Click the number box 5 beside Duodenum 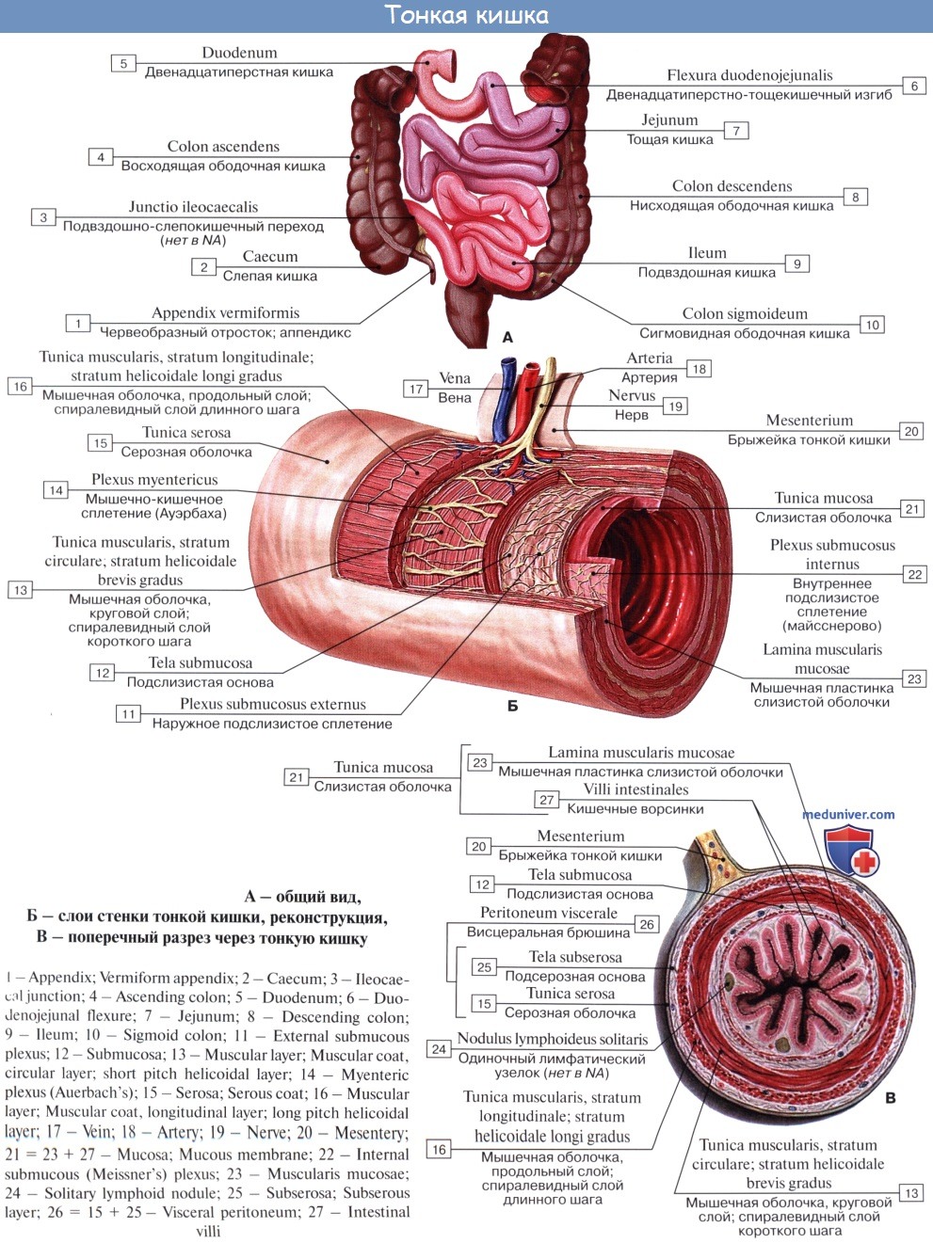tap(123, 63)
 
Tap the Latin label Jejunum tap(669, 120)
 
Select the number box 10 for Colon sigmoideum tap(872, 325)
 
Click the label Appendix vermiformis tap(225, 312)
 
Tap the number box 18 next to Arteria tap(699, 369)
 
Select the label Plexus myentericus tap(154, 480)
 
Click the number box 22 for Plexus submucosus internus tap(915, 574)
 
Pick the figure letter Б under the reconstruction tap(513, 706)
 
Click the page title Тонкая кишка tap(467, 15)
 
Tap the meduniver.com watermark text tap(848, 814)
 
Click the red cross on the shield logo tap(864, 863)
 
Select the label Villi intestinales tap(635, 789)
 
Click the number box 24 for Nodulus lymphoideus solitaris tap(439, 1049)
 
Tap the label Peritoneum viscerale tap(548, 913)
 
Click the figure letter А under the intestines tap(507, 338)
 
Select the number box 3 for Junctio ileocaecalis tap(43, 217)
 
